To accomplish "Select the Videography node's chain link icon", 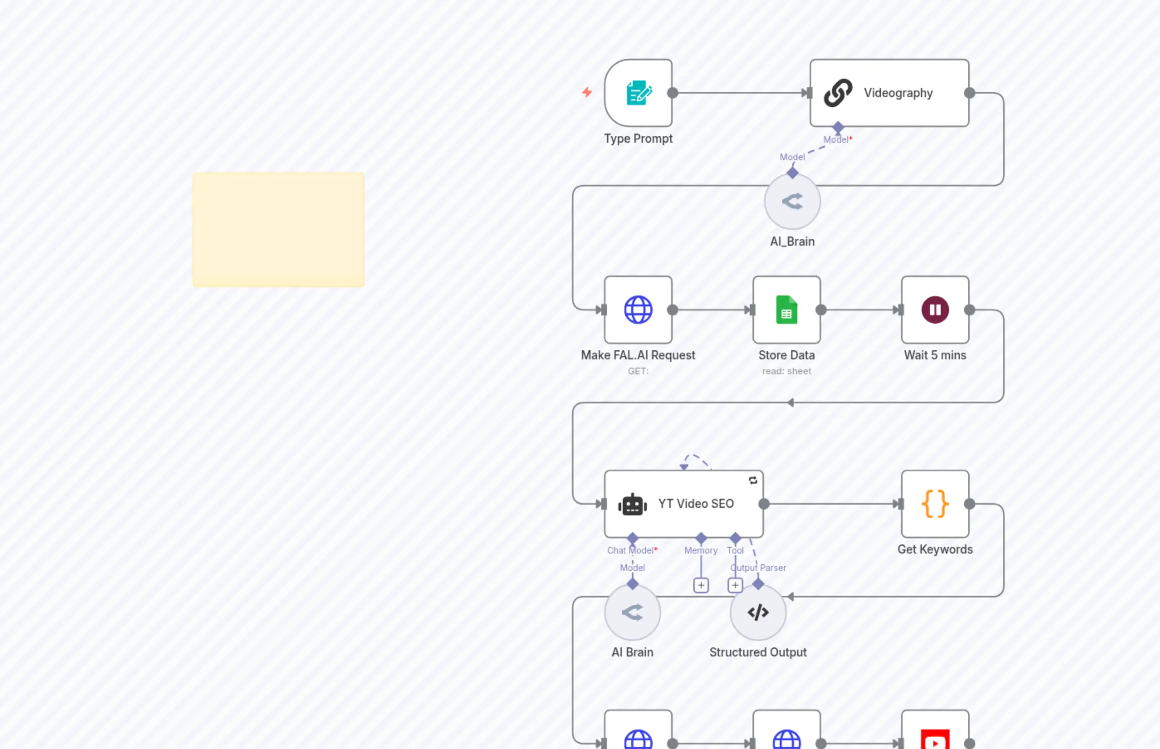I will coord(837,93).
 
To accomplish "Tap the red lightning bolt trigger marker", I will coord(587,92).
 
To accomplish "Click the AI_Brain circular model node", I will coord(792,201).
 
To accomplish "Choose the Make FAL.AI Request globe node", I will coord(638,310).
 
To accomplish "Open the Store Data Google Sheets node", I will coord(786,310).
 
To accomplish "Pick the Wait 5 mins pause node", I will coord(935,310).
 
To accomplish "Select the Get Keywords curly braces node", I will coord(935,504).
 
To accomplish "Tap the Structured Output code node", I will coord(758,612).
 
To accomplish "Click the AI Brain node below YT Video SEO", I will coord(632,612).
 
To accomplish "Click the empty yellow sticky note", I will coord(278,229).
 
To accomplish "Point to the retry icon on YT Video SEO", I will coord(753,481).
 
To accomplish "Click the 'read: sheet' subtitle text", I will coord(786,371).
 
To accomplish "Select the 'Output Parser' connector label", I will coord(758,568).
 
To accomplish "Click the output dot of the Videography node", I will coord(969,93).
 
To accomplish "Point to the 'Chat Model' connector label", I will coord(631,550).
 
